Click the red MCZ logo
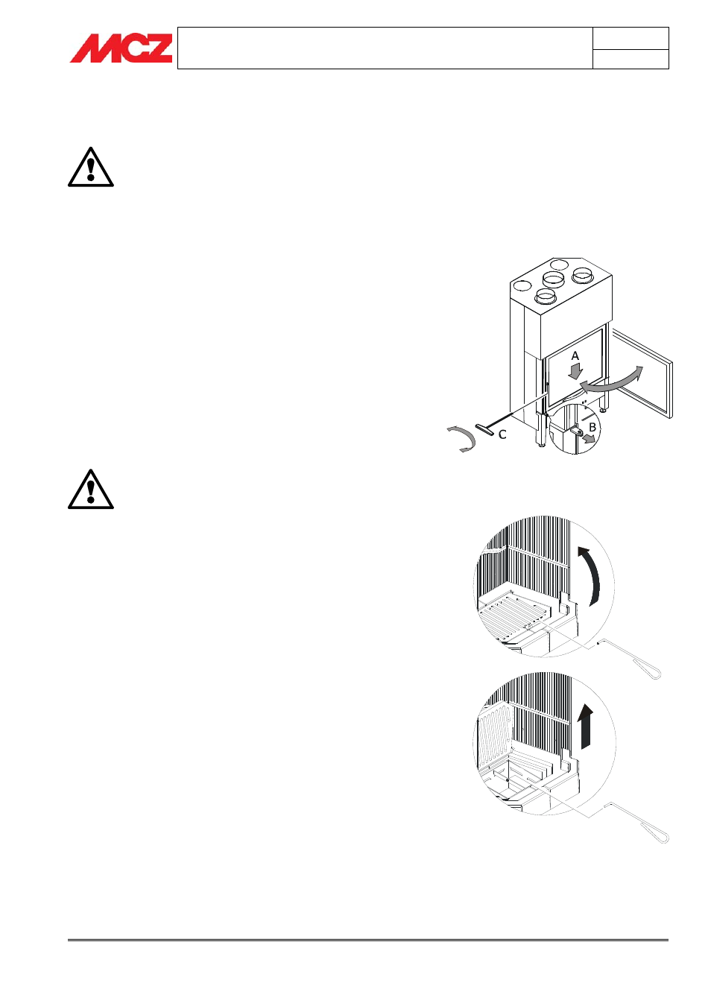click(121, 48)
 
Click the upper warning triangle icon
click(91, 168)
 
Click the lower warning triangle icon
click(91, 490)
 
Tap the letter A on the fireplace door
click(575, 356)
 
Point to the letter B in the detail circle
click(592, 427)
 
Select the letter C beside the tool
click(502, 434)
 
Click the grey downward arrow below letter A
click(575, 370)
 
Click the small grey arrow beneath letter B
click(589, 439)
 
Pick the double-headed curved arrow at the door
click(610, 380)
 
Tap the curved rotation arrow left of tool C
click(461, 439)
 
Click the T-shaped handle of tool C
click(485, 430)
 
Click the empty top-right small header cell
click(631, 39)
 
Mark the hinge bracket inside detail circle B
click(577, 430)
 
